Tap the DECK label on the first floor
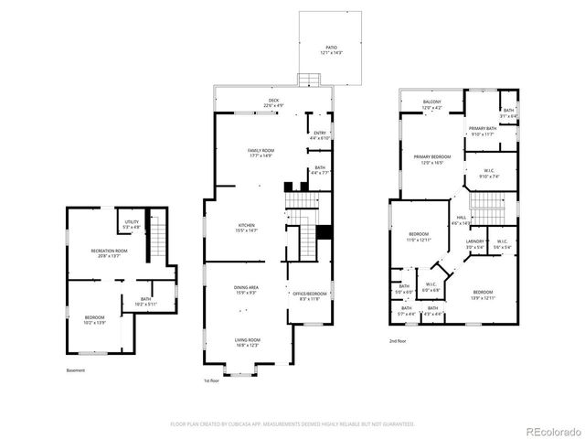272,101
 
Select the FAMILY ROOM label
261,150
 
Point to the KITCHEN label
247,224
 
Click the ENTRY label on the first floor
320,134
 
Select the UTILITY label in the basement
132,221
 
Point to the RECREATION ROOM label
108,250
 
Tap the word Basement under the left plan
76,370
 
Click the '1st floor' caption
212,381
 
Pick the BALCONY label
431,102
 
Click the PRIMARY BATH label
482,128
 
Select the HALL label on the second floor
461,218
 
